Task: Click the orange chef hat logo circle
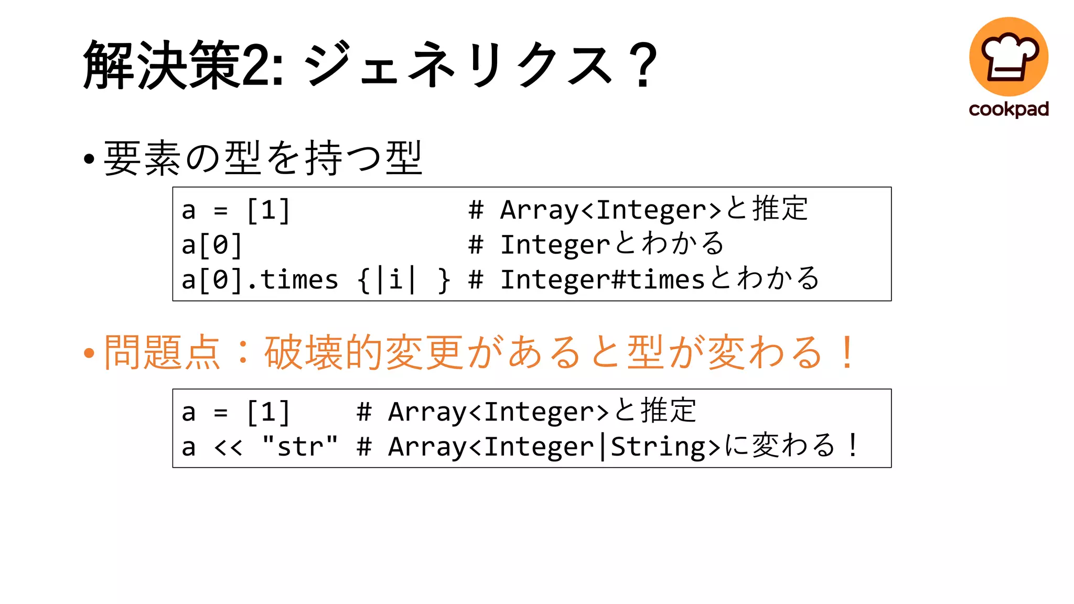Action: point(1008,56)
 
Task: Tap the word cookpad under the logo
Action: point(1008,109)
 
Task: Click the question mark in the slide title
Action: point(645,65)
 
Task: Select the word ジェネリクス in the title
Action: point(459,65)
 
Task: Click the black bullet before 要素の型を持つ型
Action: point(89,158)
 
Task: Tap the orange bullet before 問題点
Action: point(89,353)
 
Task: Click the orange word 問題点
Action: point(163,352)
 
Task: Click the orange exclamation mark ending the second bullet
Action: point(846,352)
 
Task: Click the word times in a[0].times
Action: point(299,279)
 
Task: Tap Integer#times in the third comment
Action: point(602,279)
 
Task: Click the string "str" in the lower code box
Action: point(300,446)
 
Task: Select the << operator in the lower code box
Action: point(228,447)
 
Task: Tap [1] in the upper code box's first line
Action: point(268,210)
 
